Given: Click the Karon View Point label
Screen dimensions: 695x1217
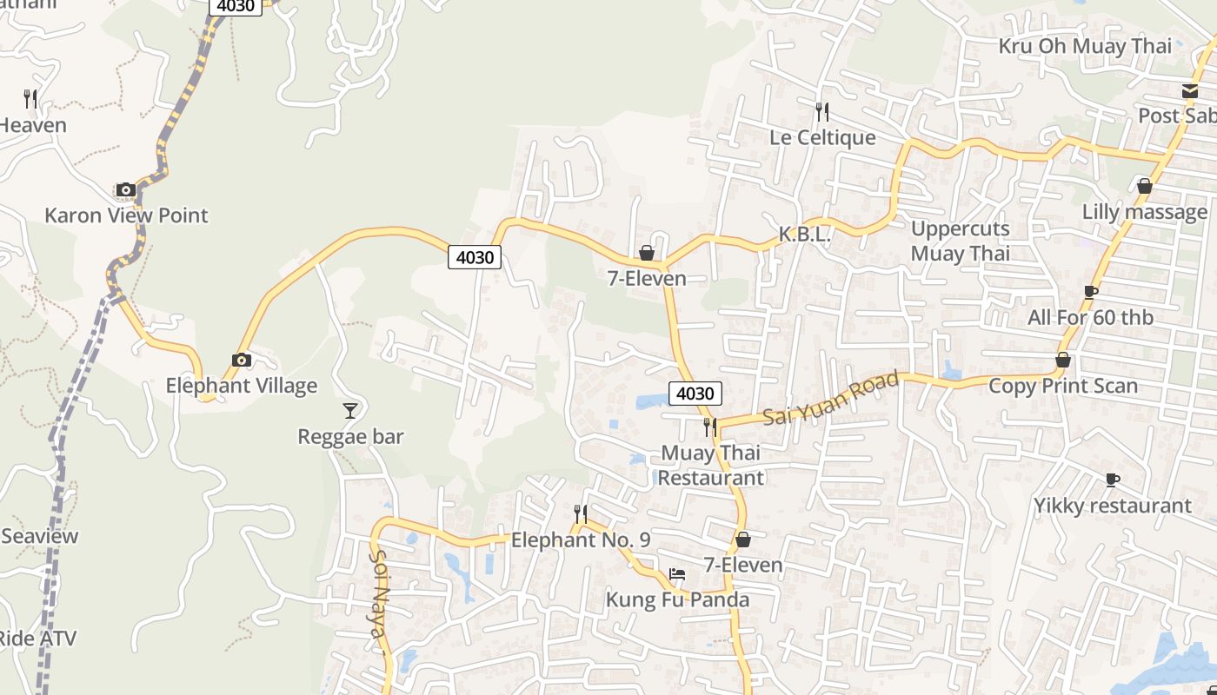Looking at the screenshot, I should tap(126, 215).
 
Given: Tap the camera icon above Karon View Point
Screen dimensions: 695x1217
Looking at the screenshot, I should tap(126, 189).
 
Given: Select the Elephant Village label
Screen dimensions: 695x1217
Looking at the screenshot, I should tap(242, 386).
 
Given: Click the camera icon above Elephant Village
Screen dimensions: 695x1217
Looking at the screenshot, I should tap(242, 360).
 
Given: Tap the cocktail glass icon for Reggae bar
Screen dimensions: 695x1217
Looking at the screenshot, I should tap(350, 410).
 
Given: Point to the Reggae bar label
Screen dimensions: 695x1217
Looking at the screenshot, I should tap(350, 436).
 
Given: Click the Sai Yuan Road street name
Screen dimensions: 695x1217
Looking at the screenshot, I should tap(830, 399).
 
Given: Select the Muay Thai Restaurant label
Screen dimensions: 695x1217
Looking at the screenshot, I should tap(711, 465).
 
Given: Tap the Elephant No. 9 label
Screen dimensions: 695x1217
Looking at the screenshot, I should tap(581, 540).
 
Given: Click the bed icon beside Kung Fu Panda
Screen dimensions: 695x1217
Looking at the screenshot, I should tap(677, 574).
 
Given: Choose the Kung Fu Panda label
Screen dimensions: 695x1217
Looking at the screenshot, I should tap(677, 599).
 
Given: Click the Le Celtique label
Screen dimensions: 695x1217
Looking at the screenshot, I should tap(822, 137).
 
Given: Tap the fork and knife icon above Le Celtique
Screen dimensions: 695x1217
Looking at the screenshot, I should tap(822, 111).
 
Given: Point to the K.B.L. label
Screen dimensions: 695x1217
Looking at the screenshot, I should tap(804, 234).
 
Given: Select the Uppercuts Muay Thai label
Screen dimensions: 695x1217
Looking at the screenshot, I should tap(961, 241).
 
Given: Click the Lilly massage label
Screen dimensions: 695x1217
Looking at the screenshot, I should tap(1144, 212).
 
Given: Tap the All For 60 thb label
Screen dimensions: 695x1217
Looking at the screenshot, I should tap(1090, 318).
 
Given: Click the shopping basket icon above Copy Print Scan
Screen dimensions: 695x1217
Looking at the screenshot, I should tap(1062, 360).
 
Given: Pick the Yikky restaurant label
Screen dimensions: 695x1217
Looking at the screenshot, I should tap(1112, 506).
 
